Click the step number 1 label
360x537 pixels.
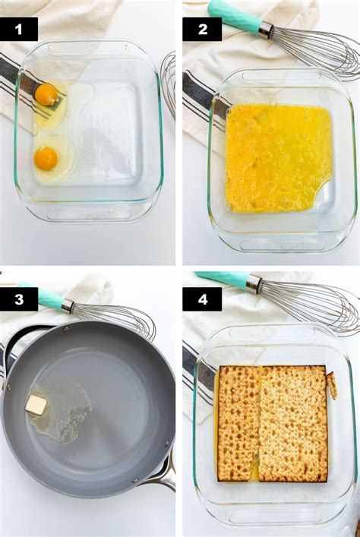[x=19, y=29]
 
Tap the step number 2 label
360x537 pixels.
[x=202, y=29]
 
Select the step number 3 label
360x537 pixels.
[x=19, y=299]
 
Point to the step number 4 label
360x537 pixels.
[x=202, y=299]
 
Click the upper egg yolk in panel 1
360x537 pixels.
[x=46, y=94]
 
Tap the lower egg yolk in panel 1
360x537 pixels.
[x=46, y=159]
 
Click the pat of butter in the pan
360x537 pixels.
[x=36, y=405]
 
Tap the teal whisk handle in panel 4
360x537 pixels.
[x=223, y=279]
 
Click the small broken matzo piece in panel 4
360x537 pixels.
[x=332, y=385]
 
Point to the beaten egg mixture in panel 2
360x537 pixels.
[x=278, y=158]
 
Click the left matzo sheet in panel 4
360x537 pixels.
[x=238, y=423]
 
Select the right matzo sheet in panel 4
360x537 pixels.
[x=293, y=424]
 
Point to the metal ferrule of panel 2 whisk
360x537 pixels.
[x=266, y=30]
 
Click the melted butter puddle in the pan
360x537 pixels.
[x=62, y=409]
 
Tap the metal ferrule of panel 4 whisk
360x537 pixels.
[x=254, y=283]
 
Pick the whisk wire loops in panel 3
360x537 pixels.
[x=114, y=321]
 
